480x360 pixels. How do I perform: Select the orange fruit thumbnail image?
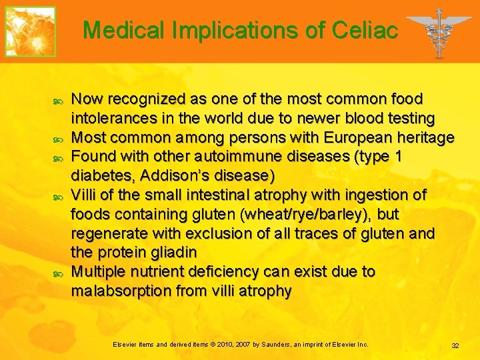(x=31, y=31)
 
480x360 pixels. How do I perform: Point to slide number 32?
(x=455, y=345)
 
